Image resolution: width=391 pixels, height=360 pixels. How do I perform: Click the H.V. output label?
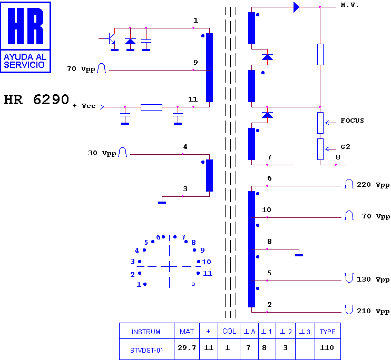coord(349,5)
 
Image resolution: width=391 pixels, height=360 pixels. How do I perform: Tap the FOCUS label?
coord(352,121)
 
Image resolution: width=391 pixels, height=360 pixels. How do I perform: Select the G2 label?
coord(345,147)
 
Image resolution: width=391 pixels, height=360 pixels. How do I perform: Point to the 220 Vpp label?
coord(373,185)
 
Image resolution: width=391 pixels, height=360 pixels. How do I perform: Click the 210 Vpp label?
coord(373,311)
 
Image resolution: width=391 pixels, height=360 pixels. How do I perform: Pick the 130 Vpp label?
coord(373,279)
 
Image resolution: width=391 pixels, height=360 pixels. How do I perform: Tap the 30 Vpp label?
coord(102,153)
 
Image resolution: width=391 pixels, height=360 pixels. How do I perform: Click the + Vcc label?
coord(84,106)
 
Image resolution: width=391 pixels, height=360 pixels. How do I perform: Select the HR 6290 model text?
coord(36,99)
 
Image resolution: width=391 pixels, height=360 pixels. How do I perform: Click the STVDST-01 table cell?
coord(146,351)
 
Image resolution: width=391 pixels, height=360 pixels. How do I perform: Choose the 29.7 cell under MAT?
coord(187,347)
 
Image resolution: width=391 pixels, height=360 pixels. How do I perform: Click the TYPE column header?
coord(327,332)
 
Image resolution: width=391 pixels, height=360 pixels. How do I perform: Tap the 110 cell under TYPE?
coord(327,347)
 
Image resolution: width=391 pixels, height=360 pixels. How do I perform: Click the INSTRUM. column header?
coord(146,332)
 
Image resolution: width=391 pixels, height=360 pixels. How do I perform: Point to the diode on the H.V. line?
coord(296,7)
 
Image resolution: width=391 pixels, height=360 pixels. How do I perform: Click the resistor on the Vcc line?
coord(151,107)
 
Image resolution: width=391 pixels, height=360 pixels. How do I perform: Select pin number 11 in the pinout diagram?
coord(208,274)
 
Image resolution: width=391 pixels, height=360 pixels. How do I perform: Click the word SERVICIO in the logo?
coord(24,65)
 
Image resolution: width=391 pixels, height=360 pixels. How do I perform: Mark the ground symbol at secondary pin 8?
coord(299,255)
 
